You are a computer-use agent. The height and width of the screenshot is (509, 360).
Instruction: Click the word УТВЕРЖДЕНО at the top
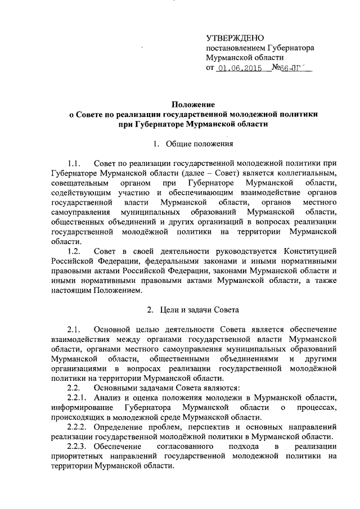(x=235, y=38)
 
